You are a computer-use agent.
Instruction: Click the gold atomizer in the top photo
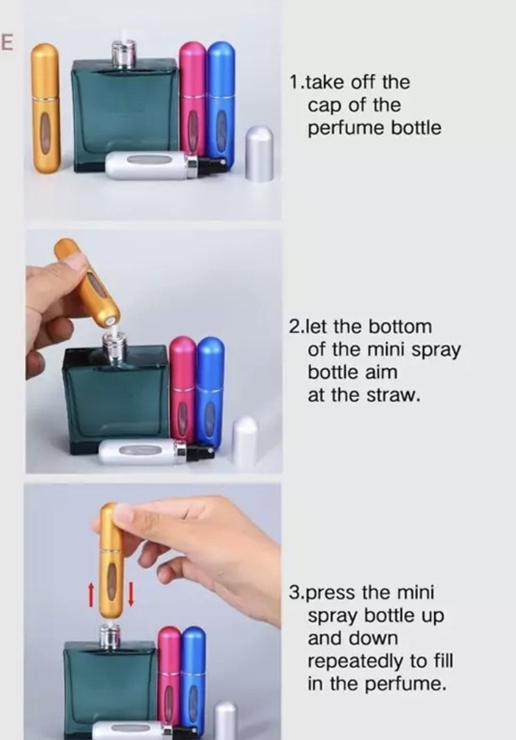[x=46, y=108]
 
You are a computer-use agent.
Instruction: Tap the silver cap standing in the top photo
[x=260, y=153]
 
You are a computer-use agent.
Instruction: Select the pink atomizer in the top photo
[x=193, y=99]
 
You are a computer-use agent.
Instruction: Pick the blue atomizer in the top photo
[x=221, y=101]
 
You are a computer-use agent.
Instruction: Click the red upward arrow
[x=91, y=594]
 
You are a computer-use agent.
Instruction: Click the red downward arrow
[x=131, y=594]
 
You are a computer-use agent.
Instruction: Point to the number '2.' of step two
[x=296, y=327]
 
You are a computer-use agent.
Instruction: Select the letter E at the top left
[x=6, y=42]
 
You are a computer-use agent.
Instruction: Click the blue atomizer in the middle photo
[x=210, y=393]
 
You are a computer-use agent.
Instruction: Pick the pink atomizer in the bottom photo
[x=169, y=680]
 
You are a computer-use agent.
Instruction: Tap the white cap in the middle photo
[x=246, y=441]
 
